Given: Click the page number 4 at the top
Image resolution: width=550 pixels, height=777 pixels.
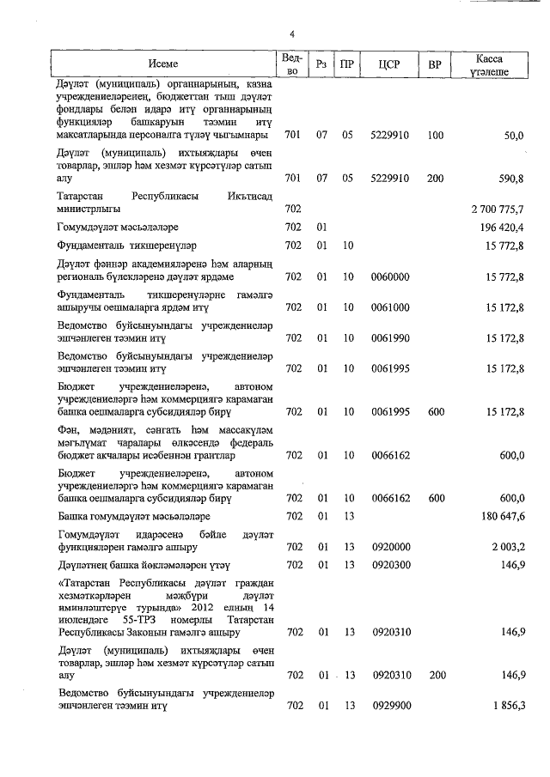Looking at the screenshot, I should [291, 33].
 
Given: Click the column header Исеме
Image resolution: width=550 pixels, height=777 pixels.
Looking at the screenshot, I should [163, 64].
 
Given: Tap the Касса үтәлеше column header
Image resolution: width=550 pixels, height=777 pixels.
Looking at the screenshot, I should [494, 64].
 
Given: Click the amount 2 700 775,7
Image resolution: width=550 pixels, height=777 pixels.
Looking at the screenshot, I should [498, 209].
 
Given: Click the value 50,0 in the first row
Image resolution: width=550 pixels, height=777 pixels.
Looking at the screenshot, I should [513, 136].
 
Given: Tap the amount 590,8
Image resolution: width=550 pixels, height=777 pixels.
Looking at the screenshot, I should [510, 178].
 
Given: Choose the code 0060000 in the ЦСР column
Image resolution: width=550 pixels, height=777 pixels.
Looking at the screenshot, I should [389, 276].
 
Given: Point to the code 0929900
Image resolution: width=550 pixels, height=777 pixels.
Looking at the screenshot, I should [389, 706].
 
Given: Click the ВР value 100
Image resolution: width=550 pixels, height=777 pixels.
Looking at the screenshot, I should [435, 136].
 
